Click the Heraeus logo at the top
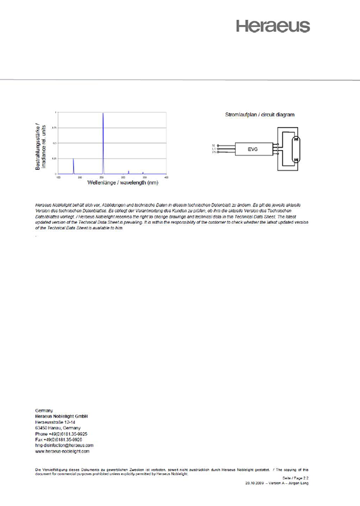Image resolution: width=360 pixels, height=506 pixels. (x=272, y=26)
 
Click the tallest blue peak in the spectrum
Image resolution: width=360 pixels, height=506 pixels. (x=103, y=144)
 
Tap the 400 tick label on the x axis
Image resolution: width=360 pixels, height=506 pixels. (x=166, y=177)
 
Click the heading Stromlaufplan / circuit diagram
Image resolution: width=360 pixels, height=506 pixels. (x=259, y=114)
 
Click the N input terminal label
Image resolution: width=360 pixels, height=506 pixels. (x=214, y=145)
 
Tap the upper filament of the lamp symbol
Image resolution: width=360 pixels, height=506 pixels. (x=294, y=139)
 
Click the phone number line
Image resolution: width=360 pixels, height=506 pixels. (x=62, y=433)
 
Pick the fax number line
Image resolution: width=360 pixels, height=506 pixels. (x=59, y=439)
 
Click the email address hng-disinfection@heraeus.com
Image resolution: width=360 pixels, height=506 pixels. (x=65, y=445)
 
